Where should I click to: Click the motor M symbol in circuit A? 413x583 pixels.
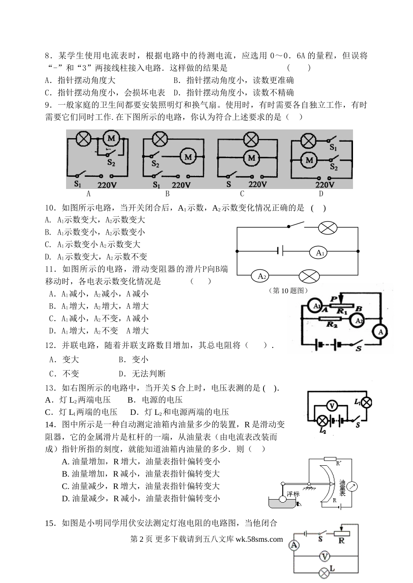tap(111, 139)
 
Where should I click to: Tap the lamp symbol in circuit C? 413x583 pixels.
tap(251, 139)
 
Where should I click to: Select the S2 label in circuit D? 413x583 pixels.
tap(333, 166)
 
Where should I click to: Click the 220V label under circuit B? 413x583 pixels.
tap(181, 185)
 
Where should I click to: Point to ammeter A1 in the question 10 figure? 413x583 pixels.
tap(318, 252)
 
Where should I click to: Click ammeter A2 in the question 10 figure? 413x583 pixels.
tap(260, 276)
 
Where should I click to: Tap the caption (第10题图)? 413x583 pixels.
tap(288, 291)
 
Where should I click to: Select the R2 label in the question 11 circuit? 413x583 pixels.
tap(332, 324)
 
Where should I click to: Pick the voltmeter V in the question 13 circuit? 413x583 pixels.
tap(332, 406)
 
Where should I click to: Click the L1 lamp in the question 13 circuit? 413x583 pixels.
tap(366, 402)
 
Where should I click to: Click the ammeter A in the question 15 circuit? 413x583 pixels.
tap(294, 545)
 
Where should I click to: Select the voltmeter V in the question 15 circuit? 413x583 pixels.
tap(324, 556)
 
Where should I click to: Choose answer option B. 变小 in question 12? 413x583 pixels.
tap(133, 360)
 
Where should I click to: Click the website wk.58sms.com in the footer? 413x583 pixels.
tap(259, 539)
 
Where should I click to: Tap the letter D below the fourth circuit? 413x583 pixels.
tap(321, 194)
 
